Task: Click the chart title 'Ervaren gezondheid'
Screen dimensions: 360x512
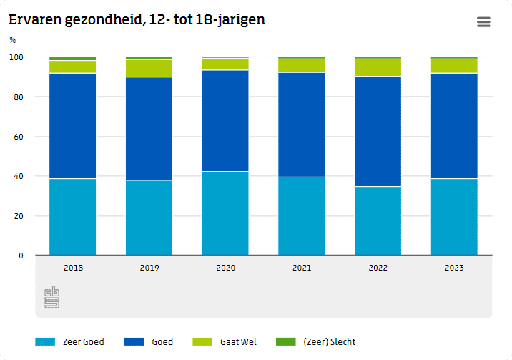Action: pos(137,20)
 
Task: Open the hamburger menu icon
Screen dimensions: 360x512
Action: pos(483,22)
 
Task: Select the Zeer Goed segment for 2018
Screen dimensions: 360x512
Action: pos(72,216)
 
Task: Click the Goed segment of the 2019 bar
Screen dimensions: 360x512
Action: pos(149,128)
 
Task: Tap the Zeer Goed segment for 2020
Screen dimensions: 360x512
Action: pos(225,213)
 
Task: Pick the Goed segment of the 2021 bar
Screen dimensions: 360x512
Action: pos(301,125)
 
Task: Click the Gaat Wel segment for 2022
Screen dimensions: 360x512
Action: pos(378,67)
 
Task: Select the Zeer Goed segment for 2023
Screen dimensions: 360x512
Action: pos(454,216)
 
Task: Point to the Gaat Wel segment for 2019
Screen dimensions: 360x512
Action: pos(149,68)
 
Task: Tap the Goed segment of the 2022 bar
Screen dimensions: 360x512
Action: pos(378,131)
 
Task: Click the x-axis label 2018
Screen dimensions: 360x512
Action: pos(72,268)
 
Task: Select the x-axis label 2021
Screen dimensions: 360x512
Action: pos(301,268)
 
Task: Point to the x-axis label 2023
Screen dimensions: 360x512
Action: pos(454,268)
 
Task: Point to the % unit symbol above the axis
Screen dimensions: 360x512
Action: pos(12,40)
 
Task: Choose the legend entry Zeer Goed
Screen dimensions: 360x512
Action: pos(70,342)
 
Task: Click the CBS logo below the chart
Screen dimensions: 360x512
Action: pos(52,297)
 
